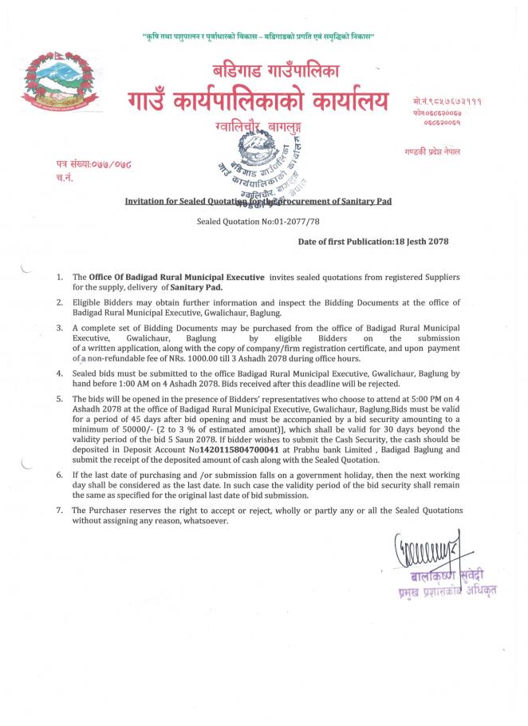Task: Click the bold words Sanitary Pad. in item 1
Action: click(197, 286)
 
